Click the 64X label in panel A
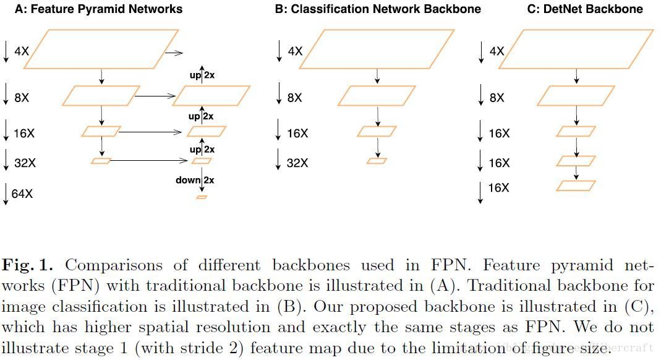click(22, 194)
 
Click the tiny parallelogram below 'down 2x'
click(202, 197)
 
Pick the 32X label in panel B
click(298, 163)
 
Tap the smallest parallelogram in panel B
click(377, 161)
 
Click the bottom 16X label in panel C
click(499, 187)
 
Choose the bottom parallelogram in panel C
click(576, 186)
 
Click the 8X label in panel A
click(22, 98)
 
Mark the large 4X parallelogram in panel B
click(377, 49)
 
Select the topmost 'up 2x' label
click(202, 75)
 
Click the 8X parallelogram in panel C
click(576, 96)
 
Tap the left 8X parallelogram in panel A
click(101, 96)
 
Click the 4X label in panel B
click(296, 51)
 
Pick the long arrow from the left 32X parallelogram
click(149, 161)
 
